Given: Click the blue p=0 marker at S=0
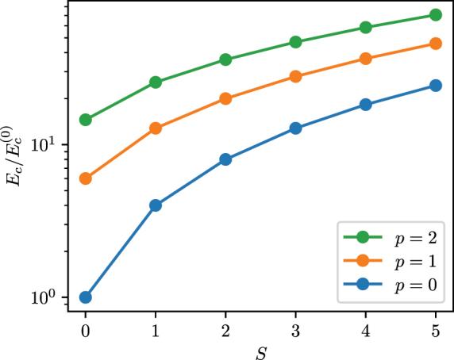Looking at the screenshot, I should (x=85, y=297).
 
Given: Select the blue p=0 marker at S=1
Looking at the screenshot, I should (x=156, y=205).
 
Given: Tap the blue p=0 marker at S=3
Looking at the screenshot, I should (x=295, y=128).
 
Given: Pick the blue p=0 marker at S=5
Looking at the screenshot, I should (x=436, y=86).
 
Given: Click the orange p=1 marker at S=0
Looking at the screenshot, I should (x=85, y=178).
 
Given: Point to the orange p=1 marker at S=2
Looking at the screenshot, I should (x=225, y=98).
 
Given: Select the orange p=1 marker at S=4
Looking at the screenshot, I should (x=366, y=59).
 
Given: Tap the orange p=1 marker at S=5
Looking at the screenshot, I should (x=436, y=44).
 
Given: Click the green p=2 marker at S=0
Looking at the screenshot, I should (x=85, y=120).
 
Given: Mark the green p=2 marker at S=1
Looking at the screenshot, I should (x=156, y=82).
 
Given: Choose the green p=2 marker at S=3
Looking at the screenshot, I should (x=295, y=42).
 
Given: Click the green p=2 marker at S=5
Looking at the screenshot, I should (x=436, y=15).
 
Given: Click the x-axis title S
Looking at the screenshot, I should (x=260, y=349).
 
